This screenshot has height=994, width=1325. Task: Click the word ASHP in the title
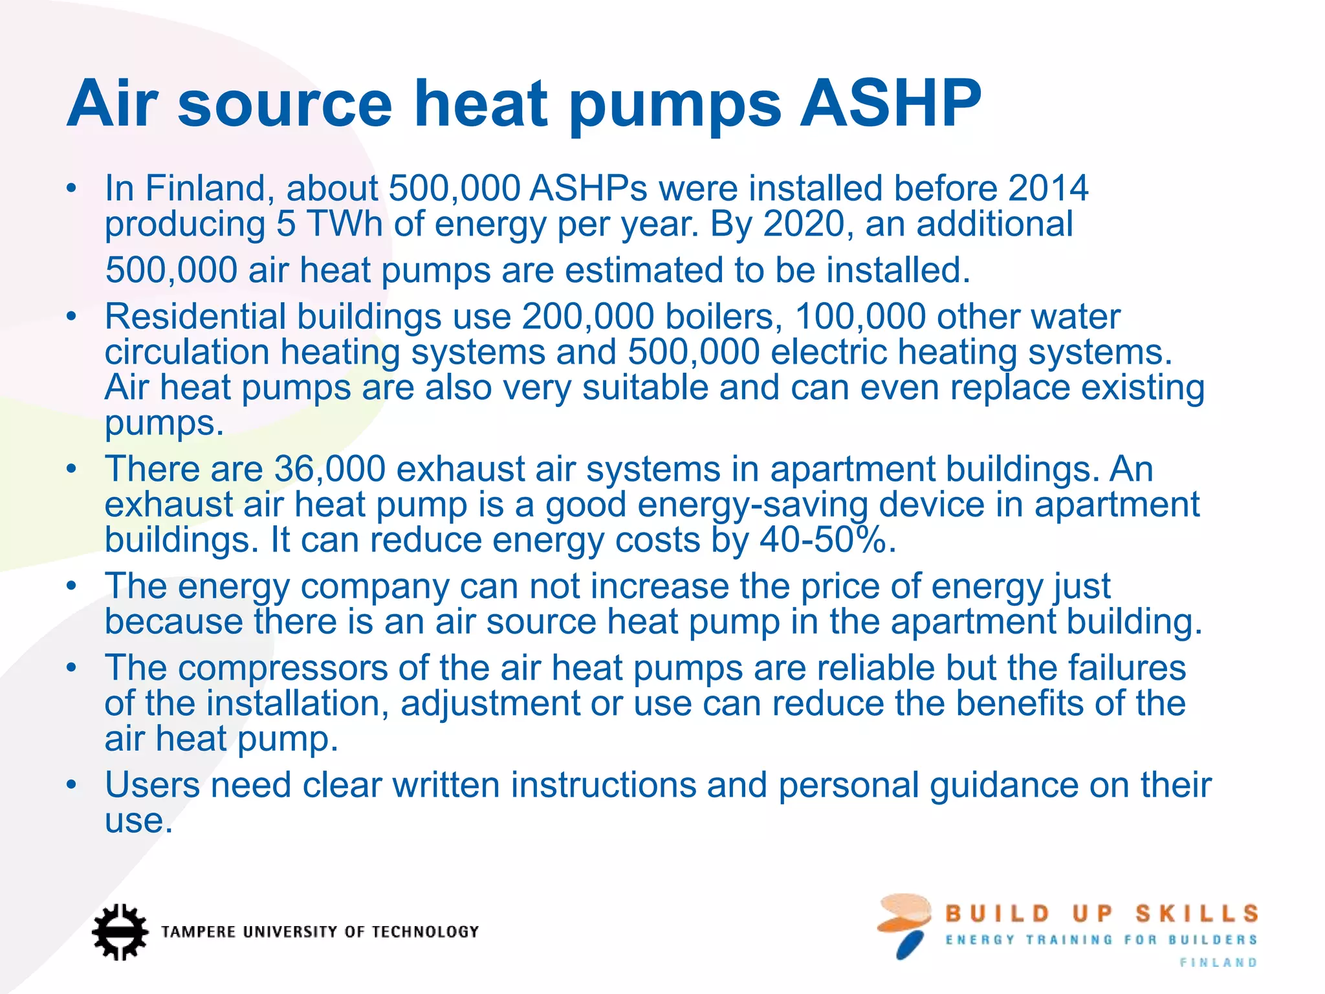[x=890, y=104]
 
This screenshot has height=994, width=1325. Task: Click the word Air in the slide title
[x=113, y=104]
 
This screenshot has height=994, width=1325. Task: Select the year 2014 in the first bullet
[x=1048, y=188]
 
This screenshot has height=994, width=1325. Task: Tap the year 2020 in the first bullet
[x=804, y=224]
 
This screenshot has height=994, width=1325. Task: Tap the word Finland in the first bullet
[x=205, y=188]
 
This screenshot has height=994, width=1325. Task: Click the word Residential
[x=195, y=317]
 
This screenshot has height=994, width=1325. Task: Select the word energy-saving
[x=752, y=505]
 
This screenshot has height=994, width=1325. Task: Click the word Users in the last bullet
[x=153, y=785]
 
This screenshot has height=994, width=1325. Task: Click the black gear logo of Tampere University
[x=119, y=931]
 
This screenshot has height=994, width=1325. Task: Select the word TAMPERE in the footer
[x=198, y=932]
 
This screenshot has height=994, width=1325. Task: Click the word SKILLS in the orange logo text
[x=1197, y=914]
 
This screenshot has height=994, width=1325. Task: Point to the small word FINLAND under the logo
[x=1218, y=963]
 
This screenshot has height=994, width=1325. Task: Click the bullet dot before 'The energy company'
[x=71, y=586]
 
